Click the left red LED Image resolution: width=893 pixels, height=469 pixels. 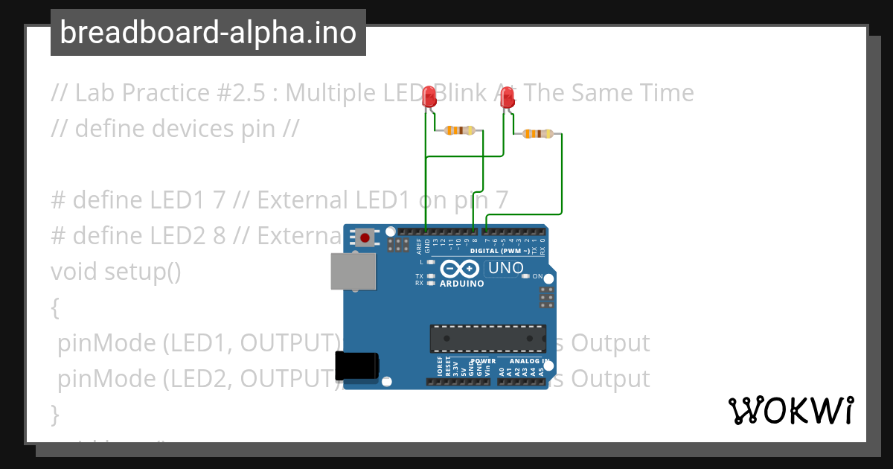click(429, 97)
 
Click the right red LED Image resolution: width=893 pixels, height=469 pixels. click(508, 98)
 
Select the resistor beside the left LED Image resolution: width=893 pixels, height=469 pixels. click(459, 130)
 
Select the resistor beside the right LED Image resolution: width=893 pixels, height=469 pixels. click(537, 134)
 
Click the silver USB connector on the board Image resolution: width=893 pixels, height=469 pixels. click(353, 272)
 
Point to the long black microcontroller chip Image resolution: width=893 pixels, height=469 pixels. click(487, 338)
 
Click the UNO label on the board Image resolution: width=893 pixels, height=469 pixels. click(505, 268)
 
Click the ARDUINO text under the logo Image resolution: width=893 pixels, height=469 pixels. click(461, 284)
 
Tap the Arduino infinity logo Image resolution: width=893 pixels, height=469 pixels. click(460, 269)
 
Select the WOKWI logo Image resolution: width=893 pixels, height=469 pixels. click(790, 410)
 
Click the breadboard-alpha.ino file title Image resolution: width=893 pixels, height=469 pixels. click(208, 33)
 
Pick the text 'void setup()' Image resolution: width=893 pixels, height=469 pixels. click(115, 271)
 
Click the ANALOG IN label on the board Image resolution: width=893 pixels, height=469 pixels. click(530, 361)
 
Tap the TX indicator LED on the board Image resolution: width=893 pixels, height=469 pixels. click(431, 276)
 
